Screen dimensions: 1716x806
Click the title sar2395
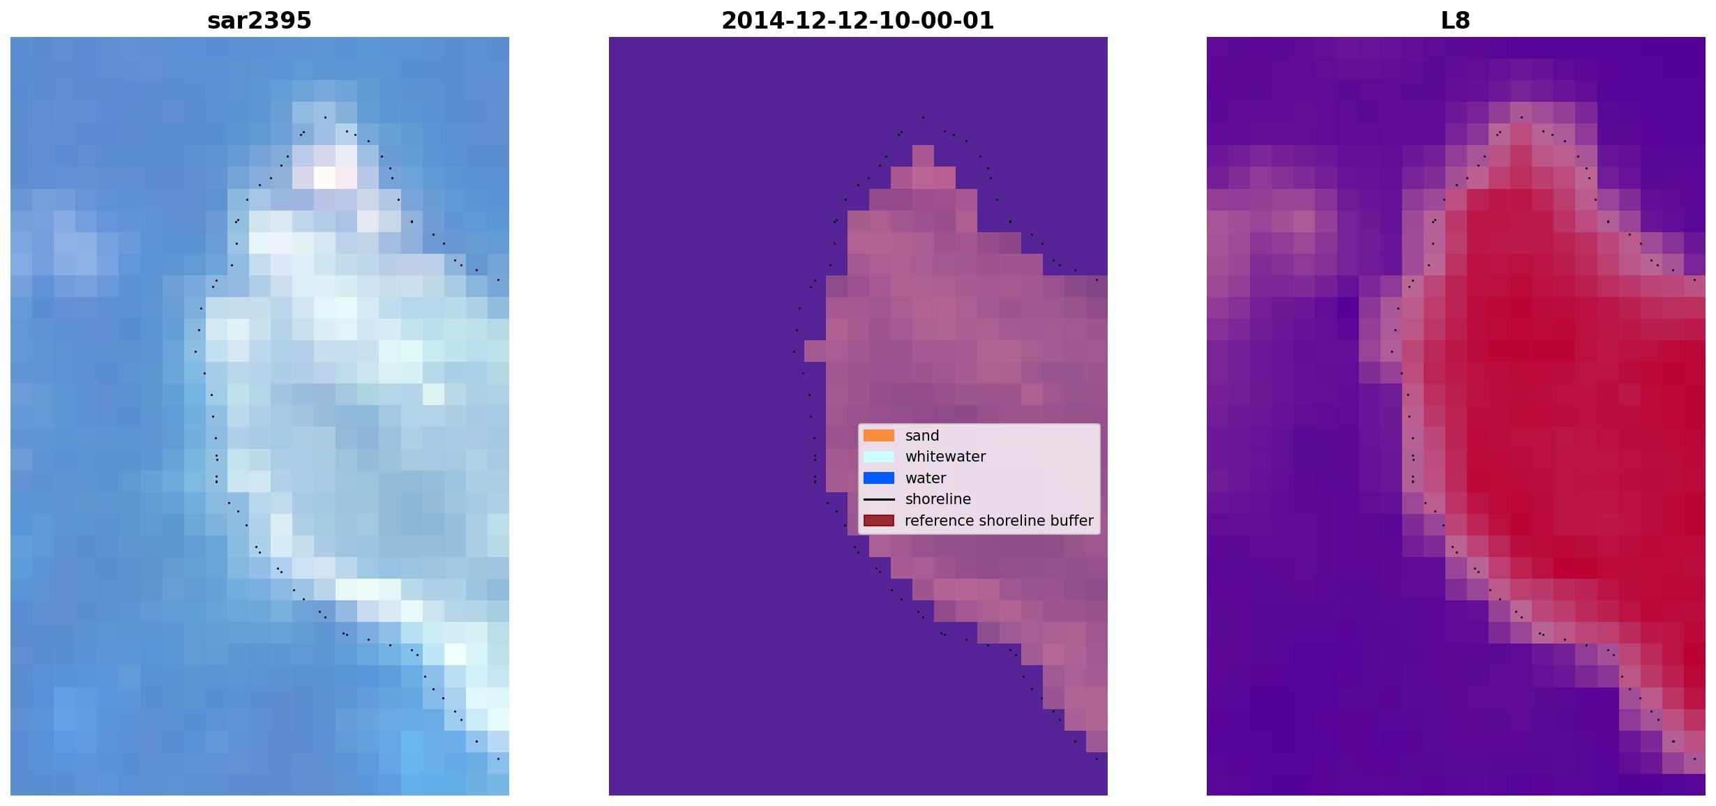click(x=259, y=21)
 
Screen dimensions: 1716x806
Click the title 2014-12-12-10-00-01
click(x=857, y=21)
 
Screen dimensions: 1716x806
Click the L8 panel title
click(x=1455, y=21)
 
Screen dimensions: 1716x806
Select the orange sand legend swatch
click(x=879, y=436)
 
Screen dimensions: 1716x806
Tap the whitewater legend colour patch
click(x=879, y=457)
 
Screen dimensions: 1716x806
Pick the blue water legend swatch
click(x=879, y=478)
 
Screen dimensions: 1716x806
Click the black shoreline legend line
click(x=879, y=499)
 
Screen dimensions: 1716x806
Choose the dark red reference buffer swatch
click(x=879, y=521)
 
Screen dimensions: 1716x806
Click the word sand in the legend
click(x=922, y=436)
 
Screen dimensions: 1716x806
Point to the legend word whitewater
click(x=945, y=457)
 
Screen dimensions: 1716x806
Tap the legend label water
click(x=926, y=478)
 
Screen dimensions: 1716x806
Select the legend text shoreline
click(x=938, y=499)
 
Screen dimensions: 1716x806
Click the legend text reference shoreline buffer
click(x=999, y=521)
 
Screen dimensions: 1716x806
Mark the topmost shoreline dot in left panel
click(x=325, y=117)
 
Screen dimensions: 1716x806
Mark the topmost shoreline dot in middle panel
click(x=923, y=117)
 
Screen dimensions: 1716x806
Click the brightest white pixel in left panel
click(x=324, y=177)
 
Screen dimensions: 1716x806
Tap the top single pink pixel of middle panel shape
click(x=923, y=155)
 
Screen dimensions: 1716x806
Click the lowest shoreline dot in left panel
click(x=498, y=759)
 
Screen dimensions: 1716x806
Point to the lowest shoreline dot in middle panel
click(x=1097, y=759)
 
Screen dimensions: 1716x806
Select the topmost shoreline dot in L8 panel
click(x=1521, y=117)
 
